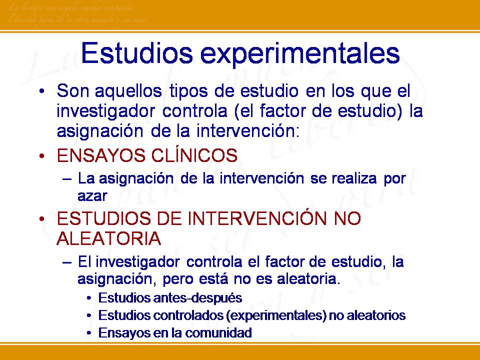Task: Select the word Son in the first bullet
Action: point(70,91)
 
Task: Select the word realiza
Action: point(352,178)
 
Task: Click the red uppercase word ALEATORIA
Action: point(109,239)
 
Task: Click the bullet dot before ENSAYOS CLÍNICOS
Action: point(43,156)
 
